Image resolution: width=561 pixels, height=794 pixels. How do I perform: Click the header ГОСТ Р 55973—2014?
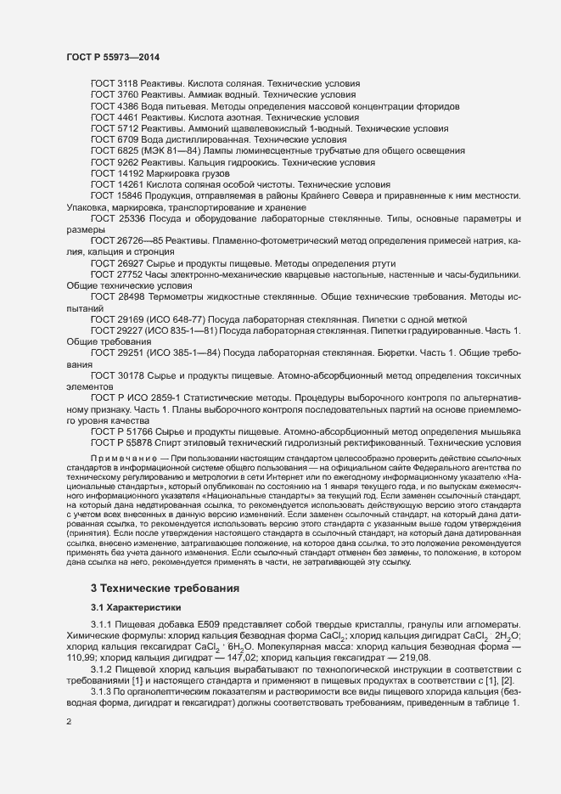[x=112, y=57]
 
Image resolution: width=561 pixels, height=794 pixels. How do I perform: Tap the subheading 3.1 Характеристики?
[x=136, y=607]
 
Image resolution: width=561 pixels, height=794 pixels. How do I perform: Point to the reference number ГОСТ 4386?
[x=108, y=107]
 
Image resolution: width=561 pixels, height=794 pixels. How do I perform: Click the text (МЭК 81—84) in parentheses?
[x=157, y=150]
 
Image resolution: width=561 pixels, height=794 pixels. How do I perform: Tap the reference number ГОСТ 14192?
[x=110, y=173]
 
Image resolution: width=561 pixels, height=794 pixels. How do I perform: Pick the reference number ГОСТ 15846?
[x=110, y=196]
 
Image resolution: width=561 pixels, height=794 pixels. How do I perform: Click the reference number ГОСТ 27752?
[x=110, y=275]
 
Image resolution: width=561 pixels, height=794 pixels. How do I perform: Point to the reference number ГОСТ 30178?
[x=110, y=374]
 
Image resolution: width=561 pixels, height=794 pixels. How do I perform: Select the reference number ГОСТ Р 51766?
[x=116, y=431]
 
